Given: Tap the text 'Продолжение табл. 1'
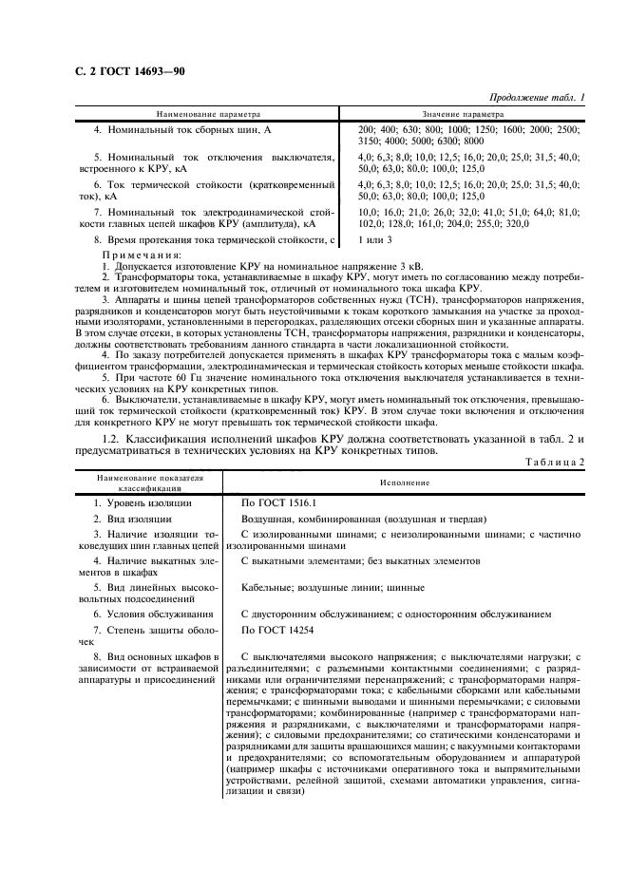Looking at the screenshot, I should pos(537,99).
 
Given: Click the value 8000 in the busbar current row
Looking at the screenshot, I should pos(472,141).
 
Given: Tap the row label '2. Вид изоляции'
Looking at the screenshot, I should pos(133,519).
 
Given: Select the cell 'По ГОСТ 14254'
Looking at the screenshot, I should pos(277,630).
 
